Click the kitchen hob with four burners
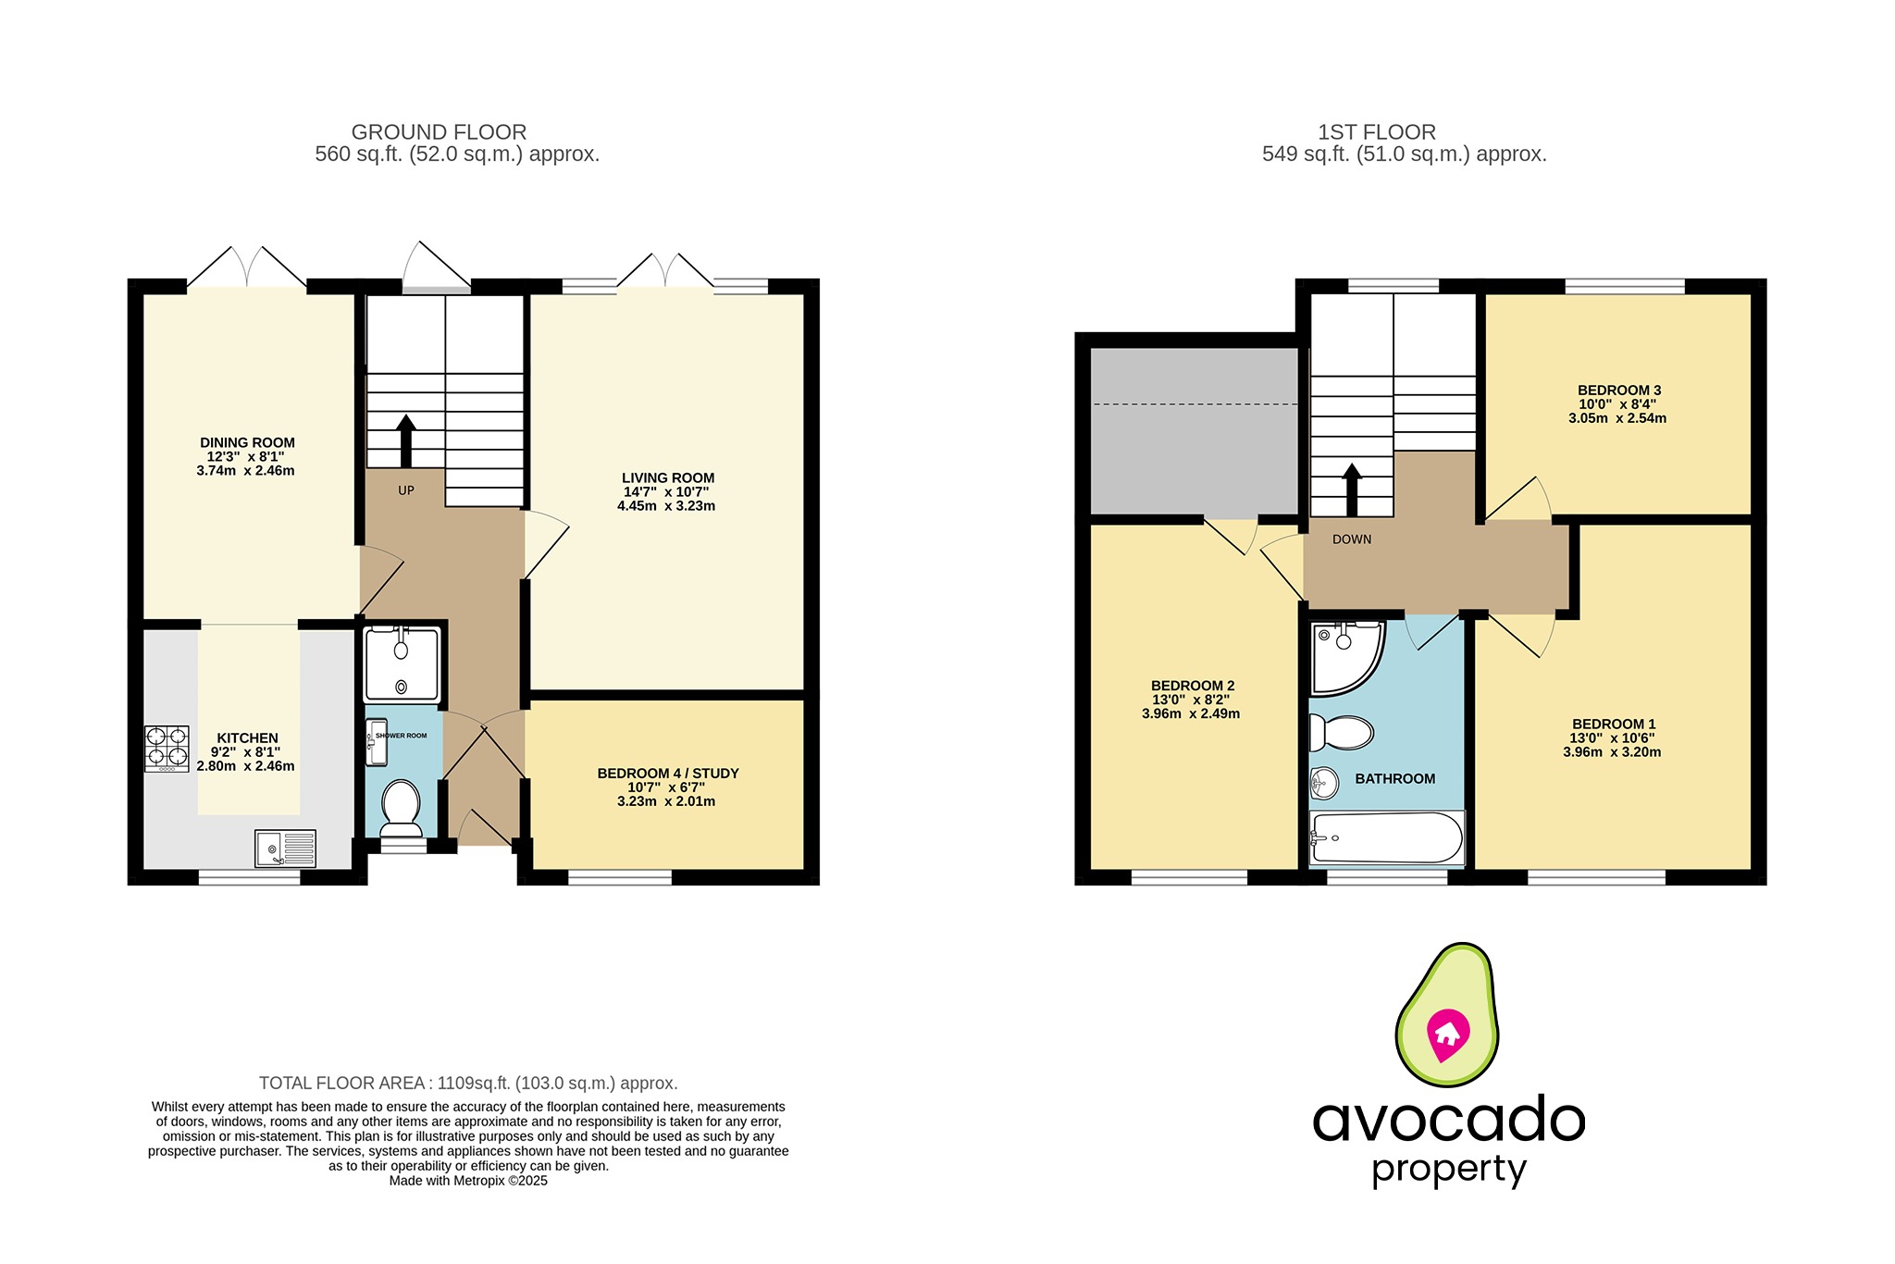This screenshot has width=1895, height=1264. (x=167, y=749)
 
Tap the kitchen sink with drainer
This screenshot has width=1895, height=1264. (x=285, y=848)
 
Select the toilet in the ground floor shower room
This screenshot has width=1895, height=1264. (x=402, y=802)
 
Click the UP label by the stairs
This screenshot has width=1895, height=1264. (x=406, y=490)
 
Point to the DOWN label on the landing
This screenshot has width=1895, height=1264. (x=1352, y=539)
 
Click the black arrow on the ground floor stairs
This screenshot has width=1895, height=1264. (x=406, y=440)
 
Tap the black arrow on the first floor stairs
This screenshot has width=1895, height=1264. (x=1352, y=489)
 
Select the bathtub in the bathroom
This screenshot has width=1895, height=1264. (x=1386, y=838)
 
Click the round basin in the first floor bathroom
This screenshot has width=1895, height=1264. (x=1324, y=784)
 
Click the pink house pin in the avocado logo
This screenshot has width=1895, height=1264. (x=1447, y=1035)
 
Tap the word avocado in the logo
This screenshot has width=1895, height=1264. (x=1449, y=1120)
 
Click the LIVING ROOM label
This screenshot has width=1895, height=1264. (x=668, y=478)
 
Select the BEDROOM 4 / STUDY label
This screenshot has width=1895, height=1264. (x=668, y=774)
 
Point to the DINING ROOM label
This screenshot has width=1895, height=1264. (x=247, y=443)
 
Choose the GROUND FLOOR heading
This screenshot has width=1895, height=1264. (x=439, y=132)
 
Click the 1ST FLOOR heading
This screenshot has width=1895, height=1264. (x=1377, y=132)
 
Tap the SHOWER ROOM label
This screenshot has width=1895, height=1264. (x=402, y=736)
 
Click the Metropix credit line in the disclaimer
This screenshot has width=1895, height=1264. (x=468, y=1181)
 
